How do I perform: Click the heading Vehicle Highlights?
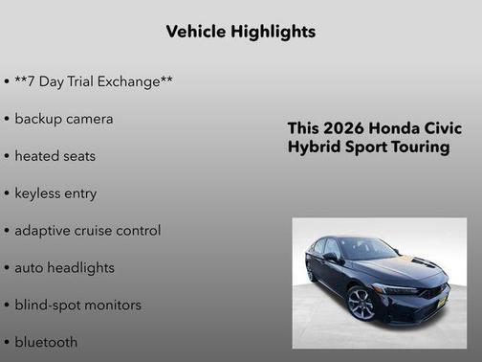click(x=241, y=32)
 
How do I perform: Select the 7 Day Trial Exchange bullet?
click(x=93, y=81)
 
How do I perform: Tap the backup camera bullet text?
click(x=63, y=119)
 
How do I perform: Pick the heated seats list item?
click(x=55, y=156)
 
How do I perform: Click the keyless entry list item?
click(x=55, y=193)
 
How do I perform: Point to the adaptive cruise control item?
click(x=87, y=231)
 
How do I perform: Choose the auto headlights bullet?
click(x=64, y=268)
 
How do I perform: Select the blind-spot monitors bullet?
click(x=77, y=305)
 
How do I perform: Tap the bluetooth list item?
click(x=46, y=342)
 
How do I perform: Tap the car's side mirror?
click(x=331, y=258)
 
